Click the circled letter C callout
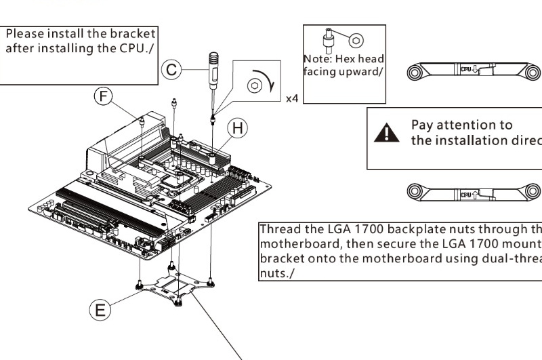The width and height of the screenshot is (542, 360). click(172, 69)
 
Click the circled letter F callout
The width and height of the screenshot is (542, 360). click(103, 96)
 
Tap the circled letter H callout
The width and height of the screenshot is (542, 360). click(236, 127)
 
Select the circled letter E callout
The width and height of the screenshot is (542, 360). click(99, 311)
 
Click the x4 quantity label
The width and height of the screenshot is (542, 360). click(291, 98)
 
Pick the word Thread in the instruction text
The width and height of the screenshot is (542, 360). click(280, 230)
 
